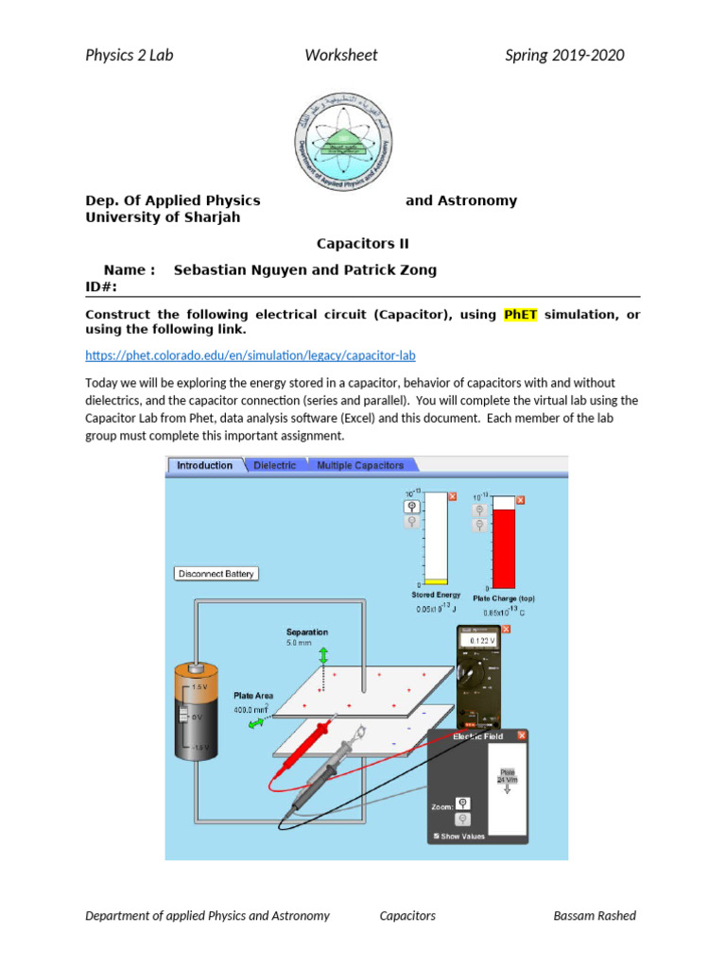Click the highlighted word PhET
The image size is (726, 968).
(x=519, y=314)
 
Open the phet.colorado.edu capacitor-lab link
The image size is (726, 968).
(x=250, y=355)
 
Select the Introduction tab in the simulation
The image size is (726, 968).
(x=204, y=465)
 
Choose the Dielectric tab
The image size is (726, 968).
(x=275, y=465)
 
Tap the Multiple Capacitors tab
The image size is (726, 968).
(x=359, y=465)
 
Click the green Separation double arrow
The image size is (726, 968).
(x=322, y=655)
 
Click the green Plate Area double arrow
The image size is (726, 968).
(x=257, y=723)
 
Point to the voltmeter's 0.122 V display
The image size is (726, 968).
(x=483, y=641)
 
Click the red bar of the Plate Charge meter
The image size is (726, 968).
(x=505, y=548)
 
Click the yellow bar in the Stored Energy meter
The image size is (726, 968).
(x=436, y=581)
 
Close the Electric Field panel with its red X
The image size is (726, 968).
(x=522, y=735)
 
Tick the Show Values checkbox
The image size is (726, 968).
(x=436, y=836)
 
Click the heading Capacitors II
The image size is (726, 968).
(x=362, y=243)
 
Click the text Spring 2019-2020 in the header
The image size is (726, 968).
(x=564, y=55)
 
